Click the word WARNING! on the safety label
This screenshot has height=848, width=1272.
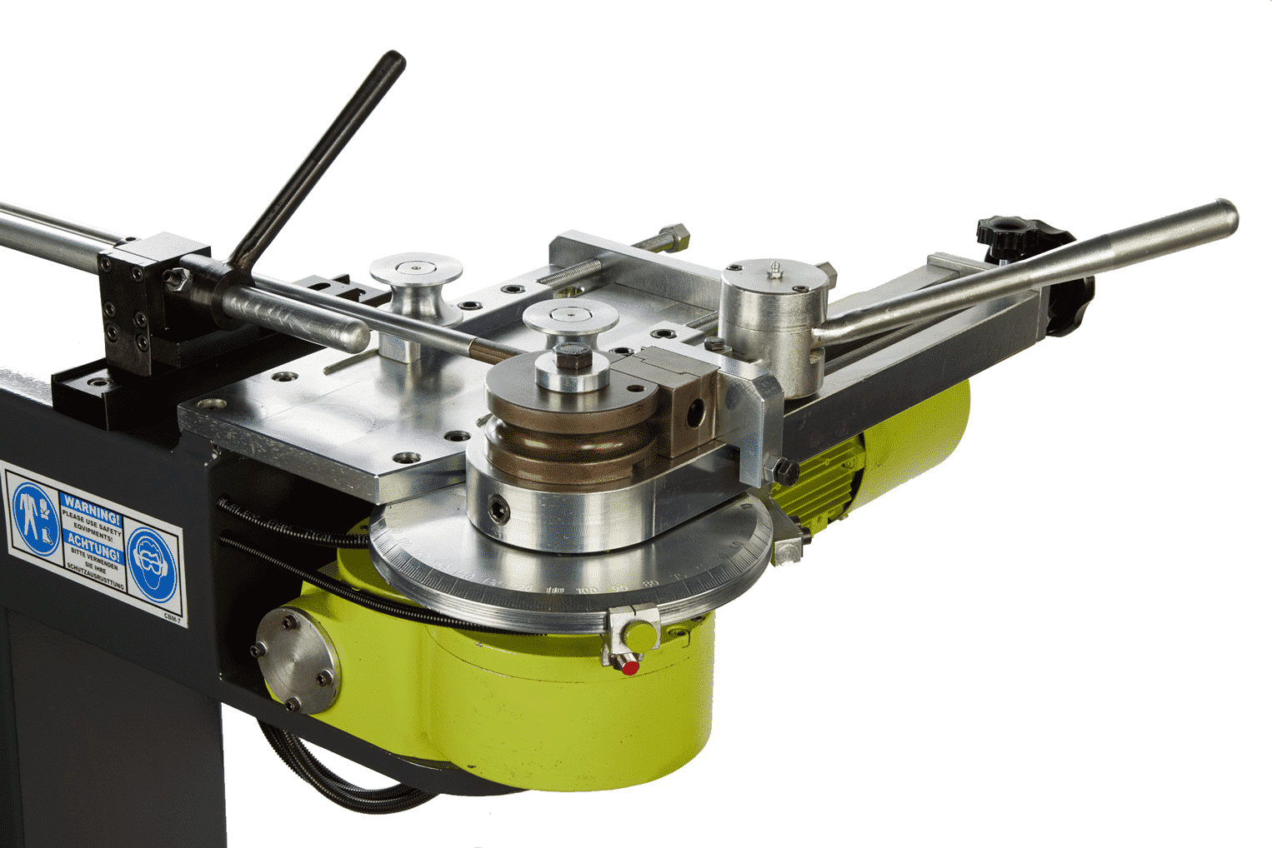[x=92, y=506]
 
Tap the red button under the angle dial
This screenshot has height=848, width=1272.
[x=630, y=667]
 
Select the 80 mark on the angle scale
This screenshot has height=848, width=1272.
[x=652, y=583]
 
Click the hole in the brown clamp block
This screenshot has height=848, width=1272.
[x=694, y=408]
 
